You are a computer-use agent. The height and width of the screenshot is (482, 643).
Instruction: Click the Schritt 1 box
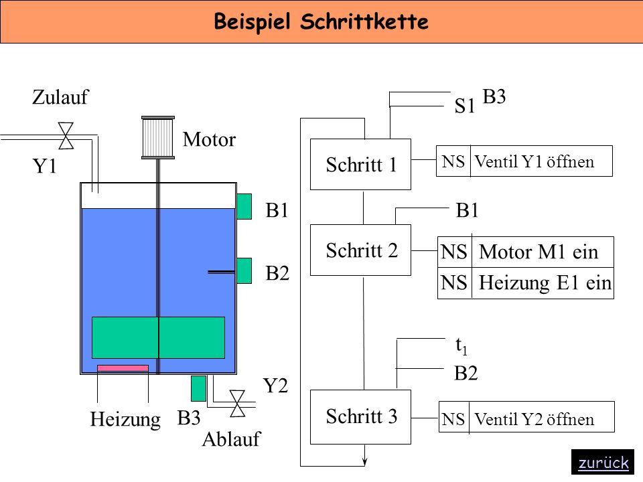click(360, 165)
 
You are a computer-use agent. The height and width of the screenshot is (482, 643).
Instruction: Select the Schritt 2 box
click(360, 250)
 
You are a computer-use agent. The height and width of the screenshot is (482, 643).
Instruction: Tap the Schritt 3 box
click(360, 417)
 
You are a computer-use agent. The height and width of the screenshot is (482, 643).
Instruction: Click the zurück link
click(603, 463)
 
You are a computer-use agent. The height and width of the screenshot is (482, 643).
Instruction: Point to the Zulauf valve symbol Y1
click(66, 136)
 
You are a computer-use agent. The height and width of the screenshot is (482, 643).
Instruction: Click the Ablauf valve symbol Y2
click(237, 404)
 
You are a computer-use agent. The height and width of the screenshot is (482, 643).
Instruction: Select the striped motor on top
click(158, 137)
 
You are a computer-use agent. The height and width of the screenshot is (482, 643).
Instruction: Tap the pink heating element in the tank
click(123, 368)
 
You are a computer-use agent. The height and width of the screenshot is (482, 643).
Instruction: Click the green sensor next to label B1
click(244, 207)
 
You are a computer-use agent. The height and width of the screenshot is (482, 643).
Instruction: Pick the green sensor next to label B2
click(244, 271)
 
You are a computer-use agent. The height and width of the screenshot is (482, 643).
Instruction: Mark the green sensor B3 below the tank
click(198, 388)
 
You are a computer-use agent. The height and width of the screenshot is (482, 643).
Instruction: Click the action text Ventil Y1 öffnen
click(534, 162)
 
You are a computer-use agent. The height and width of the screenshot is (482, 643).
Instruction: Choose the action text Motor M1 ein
click(539, 252)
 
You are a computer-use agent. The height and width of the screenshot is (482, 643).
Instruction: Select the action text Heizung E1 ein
click(545, 283)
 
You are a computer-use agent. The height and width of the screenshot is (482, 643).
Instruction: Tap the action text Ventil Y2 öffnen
click(534, 419)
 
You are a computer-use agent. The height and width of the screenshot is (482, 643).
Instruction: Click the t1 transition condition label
click(461, 346)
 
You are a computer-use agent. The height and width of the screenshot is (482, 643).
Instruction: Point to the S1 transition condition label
click(464, 106)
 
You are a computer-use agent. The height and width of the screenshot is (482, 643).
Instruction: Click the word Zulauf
click(60, 97)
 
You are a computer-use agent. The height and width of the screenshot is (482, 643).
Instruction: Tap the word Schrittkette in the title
click(364, 21)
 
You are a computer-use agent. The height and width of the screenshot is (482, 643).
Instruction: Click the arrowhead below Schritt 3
click(364, 462)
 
